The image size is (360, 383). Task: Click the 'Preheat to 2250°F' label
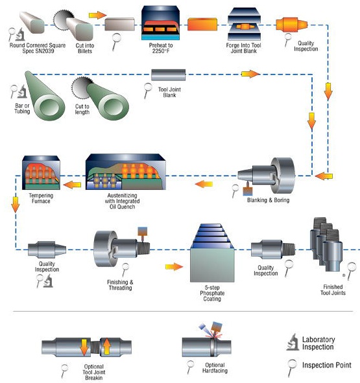click(x=161, y=48)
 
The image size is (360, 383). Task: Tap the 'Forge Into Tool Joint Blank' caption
click(x=244, y=48)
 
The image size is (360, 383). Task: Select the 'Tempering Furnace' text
click(x=41, y=198)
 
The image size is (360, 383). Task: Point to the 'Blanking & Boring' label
click(x=269, y=200)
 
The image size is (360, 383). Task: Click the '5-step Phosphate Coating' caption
click(x=212, y=293)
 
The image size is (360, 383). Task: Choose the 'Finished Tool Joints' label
click(x=333, y=290)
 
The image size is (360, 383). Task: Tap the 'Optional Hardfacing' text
click(x=215, y=368)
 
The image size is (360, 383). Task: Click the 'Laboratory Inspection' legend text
click(x=318, y=343)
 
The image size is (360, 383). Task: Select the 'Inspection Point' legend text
click(x=327, y=365)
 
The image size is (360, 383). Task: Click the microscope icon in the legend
click(x=293, y=342)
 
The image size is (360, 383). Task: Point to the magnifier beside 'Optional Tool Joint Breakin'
click(x=64, y=371)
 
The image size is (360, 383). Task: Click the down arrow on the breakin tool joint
click(x=84, y=347)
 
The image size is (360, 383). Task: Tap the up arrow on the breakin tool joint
click(x=106, y=346)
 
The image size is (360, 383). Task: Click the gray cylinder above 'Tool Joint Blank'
click(x=168, y=75)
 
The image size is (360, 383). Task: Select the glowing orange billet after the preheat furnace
click(x=202, y=25)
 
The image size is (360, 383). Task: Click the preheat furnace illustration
click(x=160, y=23)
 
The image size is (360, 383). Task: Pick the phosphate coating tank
click(x=212, y=253)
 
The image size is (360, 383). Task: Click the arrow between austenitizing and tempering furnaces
click(x=72, y=185)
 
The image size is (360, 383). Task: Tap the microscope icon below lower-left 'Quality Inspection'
click(x=49, y=281)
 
